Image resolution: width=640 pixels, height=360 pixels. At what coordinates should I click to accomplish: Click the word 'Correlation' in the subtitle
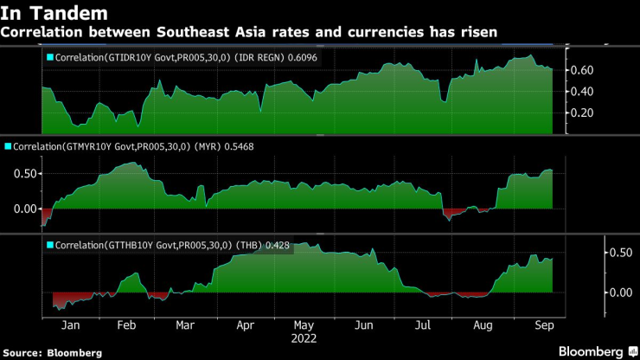click(x=42, y=32)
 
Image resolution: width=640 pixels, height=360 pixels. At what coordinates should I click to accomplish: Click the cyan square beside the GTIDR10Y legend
click(x=48, y=58)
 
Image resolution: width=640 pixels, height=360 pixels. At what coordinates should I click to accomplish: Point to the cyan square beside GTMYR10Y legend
click(x=9, y=149)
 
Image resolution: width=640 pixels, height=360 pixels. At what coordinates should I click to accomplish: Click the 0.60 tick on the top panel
click(x=582, y=70)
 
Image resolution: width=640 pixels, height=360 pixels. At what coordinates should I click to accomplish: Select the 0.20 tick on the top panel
click(x=582, y=112)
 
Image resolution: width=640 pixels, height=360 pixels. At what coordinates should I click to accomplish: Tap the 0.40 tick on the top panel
click(x=582, y=92)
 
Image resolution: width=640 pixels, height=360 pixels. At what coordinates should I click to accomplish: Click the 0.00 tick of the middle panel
click(x=25, y=209)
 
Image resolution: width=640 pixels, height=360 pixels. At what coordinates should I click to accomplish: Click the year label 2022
click(x=304, y=338)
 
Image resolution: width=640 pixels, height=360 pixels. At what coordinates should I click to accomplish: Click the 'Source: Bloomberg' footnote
click(x=52, y=352)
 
